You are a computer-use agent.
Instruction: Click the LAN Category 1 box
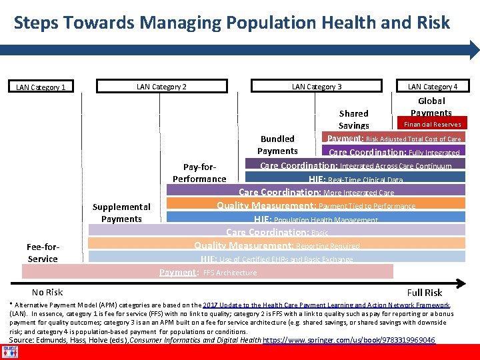41,87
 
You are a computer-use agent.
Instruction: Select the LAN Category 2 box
161,86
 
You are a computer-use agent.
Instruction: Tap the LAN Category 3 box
317,86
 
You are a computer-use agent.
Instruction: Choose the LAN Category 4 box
432,86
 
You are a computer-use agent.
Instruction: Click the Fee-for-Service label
43,253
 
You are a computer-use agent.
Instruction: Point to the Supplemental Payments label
121,213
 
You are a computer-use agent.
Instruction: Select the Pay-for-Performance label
199,173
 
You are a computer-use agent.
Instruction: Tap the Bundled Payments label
277,145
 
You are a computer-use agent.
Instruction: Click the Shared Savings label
353,119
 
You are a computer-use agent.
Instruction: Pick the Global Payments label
431,107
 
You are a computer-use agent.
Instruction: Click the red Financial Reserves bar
432,124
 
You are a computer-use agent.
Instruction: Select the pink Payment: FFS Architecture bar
207,272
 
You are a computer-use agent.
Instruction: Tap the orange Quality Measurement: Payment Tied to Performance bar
315,206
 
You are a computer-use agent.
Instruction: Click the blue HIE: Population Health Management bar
315,219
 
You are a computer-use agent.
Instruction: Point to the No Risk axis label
47,292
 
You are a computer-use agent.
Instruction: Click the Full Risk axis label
424,292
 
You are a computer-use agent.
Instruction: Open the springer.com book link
349,340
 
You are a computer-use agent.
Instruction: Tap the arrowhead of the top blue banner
474,51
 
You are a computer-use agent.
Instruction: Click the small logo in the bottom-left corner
10,351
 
